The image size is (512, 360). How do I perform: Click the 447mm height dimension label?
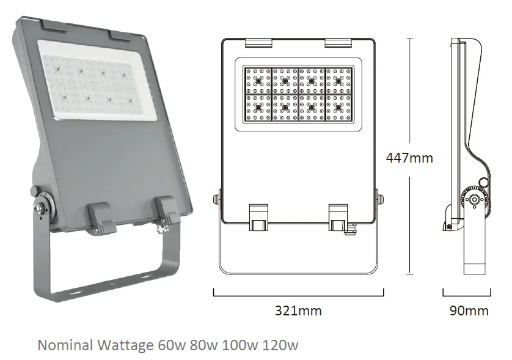tap(409, 158)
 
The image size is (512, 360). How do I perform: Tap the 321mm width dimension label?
tap(298, 310)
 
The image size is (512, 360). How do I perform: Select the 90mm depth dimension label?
tap(469, 310)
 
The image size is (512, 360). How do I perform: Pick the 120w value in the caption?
tap(280, 345)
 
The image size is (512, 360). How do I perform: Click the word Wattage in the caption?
tap(125, 345)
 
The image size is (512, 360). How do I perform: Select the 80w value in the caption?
tap(203, 345)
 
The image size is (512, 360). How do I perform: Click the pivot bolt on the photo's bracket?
tap(39, 207)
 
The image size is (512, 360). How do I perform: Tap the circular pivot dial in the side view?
tap(474, 199)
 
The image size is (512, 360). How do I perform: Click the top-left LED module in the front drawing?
tap(258, 81)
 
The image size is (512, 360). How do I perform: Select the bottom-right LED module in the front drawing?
tap(338, 108)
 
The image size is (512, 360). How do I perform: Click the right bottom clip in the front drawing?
tap(338, 218)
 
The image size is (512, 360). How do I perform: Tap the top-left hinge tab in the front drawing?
tap(258, 43)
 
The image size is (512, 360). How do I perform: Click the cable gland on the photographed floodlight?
tap(162, 228)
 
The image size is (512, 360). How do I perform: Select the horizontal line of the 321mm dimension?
tap(298, 296)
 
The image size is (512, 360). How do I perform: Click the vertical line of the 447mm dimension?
tap(410, 156)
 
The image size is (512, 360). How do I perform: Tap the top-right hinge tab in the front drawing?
tap(338, 43)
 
